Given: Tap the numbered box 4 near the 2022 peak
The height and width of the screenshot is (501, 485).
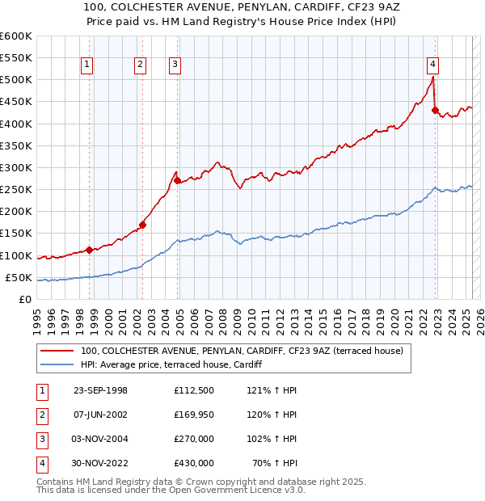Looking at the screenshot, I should (433, 65).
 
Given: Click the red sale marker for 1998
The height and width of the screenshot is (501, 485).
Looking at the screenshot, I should (89, 250).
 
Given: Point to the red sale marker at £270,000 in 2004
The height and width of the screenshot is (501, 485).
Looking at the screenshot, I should (177, 181).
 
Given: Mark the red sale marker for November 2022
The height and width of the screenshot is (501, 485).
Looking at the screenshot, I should (435, 111).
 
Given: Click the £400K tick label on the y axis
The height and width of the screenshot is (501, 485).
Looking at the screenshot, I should (15, 124).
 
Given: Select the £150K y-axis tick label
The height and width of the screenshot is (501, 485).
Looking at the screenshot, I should (15, 234).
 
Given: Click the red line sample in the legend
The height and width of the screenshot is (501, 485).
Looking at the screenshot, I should (57, 351).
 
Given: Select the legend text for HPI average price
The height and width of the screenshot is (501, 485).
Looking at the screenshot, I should (171, 364).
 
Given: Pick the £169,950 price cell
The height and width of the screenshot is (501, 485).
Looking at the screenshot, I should (193, 415).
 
